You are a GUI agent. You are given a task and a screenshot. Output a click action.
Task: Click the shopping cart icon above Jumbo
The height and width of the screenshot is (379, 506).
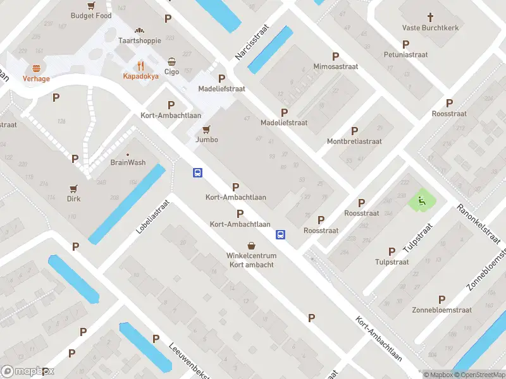pos(206,129)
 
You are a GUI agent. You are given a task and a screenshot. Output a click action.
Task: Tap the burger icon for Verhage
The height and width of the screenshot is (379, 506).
pos(35,68)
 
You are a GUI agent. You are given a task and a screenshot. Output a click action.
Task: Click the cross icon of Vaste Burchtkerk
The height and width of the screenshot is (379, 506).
pos(430,17)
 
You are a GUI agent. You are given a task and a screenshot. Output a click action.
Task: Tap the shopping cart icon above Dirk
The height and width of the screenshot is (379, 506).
pos(74,188)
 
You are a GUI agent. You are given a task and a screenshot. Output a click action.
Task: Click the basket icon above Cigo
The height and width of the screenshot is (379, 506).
pos(172,62)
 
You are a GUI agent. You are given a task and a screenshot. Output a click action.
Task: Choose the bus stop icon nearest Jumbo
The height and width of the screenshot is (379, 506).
pos(197,172)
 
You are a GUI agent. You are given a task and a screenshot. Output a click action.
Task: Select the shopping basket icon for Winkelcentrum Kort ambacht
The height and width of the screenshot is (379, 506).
pos(251,246)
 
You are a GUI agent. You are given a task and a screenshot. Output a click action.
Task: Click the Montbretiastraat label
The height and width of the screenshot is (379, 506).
pos(354,141)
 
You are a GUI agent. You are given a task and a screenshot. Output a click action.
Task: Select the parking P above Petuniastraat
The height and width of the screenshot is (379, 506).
pos(405,44)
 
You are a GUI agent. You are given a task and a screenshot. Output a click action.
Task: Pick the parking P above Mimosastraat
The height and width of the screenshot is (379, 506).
pos(336,56)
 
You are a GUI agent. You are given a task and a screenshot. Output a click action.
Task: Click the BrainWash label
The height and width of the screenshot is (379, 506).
pos(128,162)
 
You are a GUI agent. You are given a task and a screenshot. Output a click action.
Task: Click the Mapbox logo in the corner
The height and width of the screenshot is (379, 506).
pos(27,371)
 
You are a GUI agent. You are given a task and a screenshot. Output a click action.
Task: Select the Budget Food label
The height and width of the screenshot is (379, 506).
pos(91,16)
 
